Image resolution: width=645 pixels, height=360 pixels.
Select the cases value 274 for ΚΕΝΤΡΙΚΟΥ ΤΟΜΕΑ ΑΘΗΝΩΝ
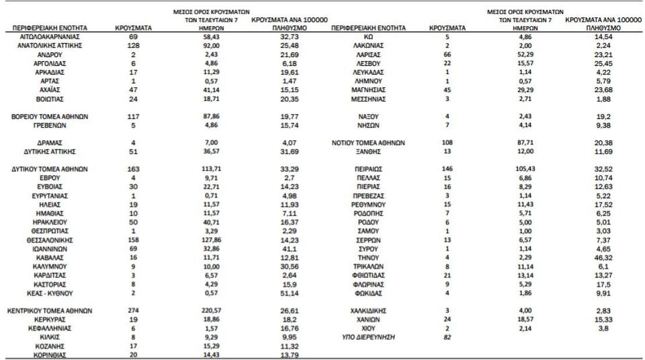(x=132, y=310)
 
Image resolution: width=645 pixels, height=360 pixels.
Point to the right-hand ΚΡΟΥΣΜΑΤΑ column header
(x=447, y=28)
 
